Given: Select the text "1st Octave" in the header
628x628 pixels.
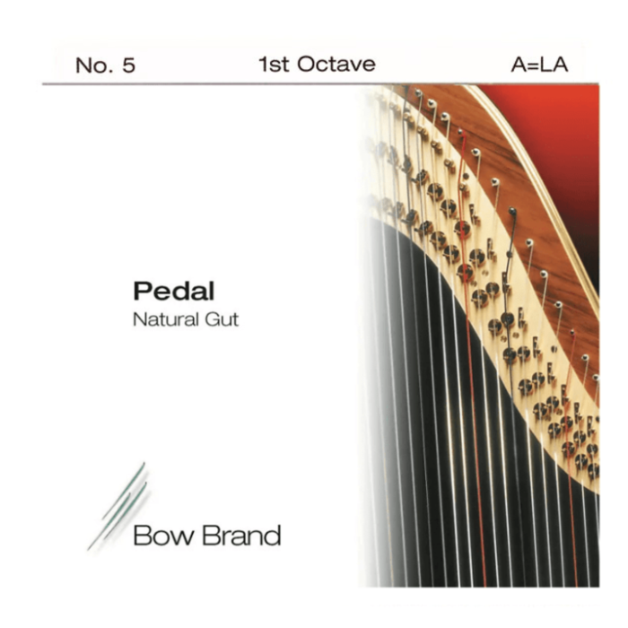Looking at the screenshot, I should tap(316, 65).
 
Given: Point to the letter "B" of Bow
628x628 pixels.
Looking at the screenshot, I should tap(141, 536).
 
